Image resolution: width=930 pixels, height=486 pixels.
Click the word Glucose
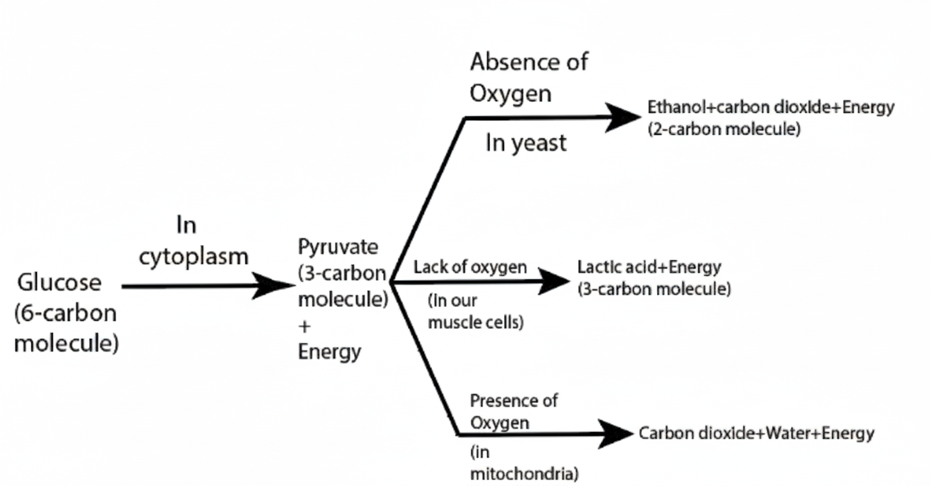pos(59,283)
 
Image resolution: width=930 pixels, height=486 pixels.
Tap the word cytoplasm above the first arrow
pos(194,256)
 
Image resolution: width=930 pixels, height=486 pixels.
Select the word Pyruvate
pos(338,247)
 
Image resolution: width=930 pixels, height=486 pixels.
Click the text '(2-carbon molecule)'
pos(724,129)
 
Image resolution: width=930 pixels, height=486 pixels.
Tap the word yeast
pos(542,143)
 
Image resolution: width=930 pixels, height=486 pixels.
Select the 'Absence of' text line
pos(528,62)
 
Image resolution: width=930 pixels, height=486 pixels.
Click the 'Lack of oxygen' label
pos(470,267)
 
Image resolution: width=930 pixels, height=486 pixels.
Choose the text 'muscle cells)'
pos(476,323)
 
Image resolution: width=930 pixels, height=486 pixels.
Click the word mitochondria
pos(522,473)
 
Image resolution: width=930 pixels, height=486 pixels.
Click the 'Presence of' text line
pos(513,400)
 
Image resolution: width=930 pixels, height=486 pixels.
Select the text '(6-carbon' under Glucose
pos(65,313)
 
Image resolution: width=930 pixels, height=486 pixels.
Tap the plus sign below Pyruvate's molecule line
pos(304,326)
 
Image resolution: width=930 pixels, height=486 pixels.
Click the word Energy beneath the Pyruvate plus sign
pos(329,351)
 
